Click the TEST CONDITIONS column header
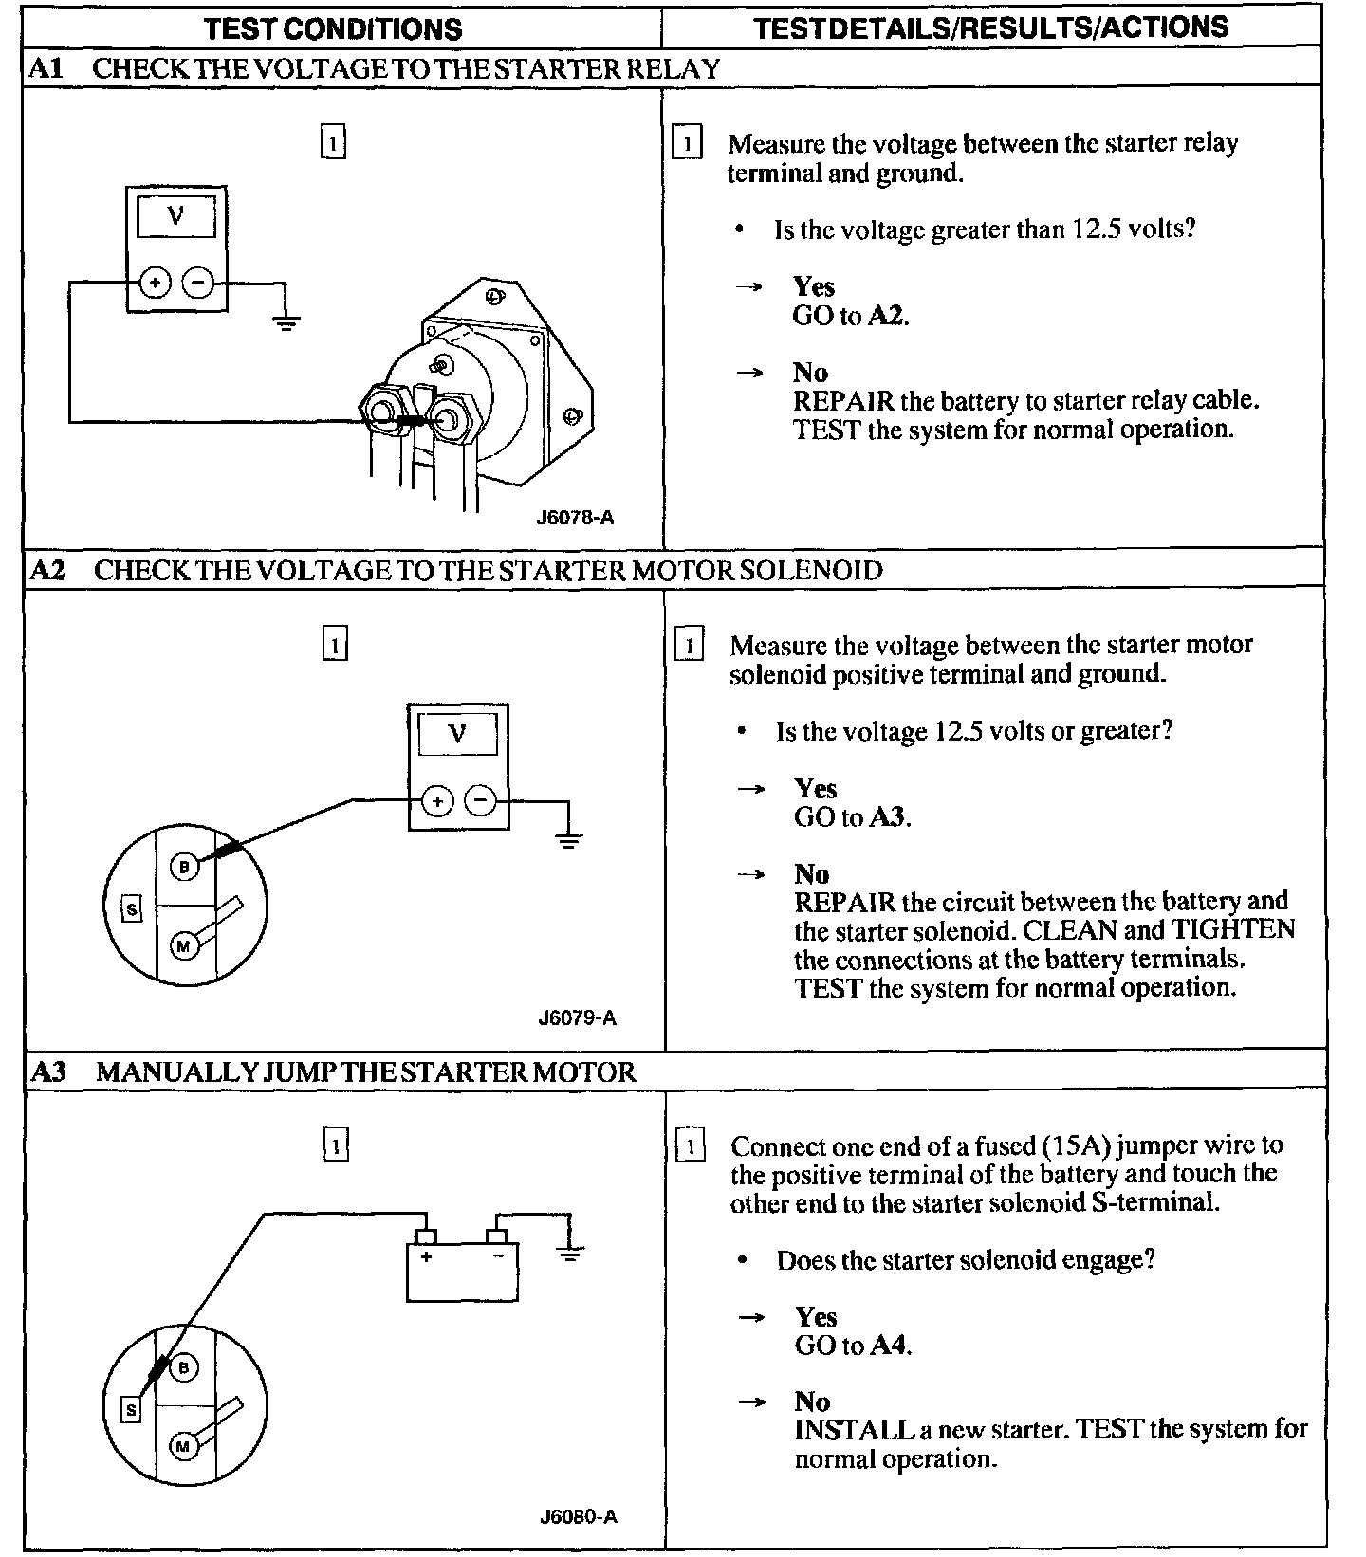click(333, 28)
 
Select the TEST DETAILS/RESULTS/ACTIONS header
click(991, 27)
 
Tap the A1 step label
click(46, 68)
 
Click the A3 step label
click(48, 1072)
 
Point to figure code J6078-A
click(575, 518)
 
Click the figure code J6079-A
click(577, 1018)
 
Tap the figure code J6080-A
click(578, 1516)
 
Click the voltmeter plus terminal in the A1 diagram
click(155, 282)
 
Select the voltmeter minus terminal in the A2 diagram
click(482, 801)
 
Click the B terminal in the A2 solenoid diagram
click(185, 866)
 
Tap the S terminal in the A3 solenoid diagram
click(131, 1410)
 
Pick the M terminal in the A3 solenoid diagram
click(183, 1446)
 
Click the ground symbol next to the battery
click(569, 1254)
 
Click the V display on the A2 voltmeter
click(457, 733)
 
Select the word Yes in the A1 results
click(813, 286)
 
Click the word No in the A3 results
click(812, 1401)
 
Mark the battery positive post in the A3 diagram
click(426, 1236)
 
